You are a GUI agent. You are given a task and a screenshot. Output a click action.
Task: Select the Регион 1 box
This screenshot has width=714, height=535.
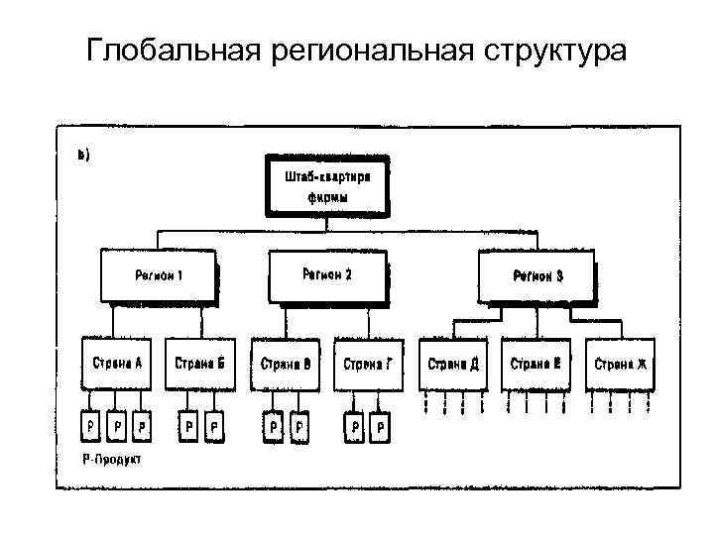tap(159, 274)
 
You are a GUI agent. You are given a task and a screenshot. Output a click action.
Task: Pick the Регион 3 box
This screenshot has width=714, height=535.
tap(536, 275)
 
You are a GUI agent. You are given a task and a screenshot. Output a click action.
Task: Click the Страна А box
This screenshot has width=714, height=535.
tap(118, 364)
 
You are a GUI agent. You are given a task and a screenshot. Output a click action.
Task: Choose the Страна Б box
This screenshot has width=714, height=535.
tap(200, 364)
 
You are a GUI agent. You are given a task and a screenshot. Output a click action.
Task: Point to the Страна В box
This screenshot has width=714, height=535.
tap(286, 364)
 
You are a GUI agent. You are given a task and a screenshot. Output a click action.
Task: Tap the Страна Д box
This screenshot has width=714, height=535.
tap(453, 364)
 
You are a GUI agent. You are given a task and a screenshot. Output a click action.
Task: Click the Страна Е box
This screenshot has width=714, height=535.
tap(535, 364)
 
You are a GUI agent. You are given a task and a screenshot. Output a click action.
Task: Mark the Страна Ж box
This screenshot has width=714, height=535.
tap(621, 364)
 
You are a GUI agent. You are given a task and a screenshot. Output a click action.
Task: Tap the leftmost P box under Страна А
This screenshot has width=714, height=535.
tap(91, 425)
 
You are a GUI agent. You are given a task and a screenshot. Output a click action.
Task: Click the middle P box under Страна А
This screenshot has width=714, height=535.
tap(118, 425)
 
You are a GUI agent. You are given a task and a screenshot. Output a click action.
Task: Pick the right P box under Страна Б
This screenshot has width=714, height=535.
tap(214, 425)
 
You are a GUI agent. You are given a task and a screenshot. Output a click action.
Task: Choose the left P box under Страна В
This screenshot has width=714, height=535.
tap(273, 425)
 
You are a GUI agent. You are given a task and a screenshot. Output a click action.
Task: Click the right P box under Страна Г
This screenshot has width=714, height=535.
tap(382, 425)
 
